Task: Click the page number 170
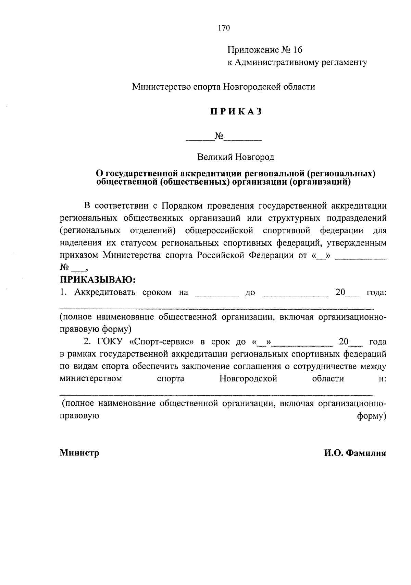pos(223,28)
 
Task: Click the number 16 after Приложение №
pos(298,50)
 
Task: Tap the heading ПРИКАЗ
pos(236,112)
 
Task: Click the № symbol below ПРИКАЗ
pos(219,137)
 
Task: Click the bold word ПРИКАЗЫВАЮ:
pos(98,280)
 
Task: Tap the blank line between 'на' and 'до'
pos(216,295)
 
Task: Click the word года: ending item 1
pos(376,293)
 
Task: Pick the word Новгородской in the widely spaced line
pos(248,379)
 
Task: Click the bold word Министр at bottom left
pos(79,453)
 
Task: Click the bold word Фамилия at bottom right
pos(366,453)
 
